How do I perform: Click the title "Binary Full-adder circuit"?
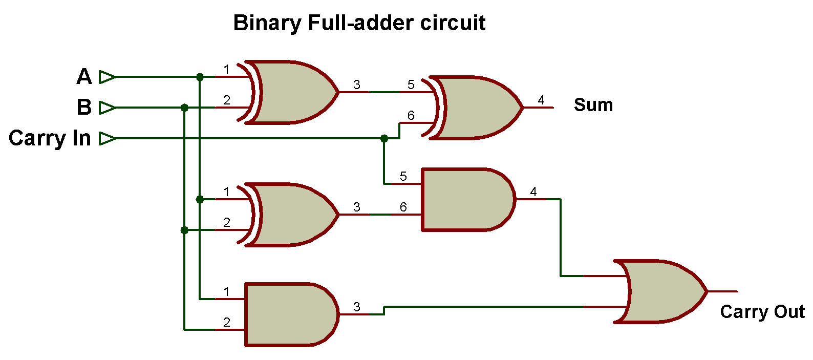point(359,23)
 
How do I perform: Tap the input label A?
point(84,77)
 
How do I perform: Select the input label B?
point(84,108)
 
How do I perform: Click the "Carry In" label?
point(50,138)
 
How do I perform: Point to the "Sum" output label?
point(593,105)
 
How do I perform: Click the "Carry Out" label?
point(762,312)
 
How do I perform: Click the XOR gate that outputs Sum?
point(476,108)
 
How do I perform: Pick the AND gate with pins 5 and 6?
point(466,200)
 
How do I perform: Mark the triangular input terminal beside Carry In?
point(107,138)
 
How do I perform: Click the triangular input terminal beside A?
point(107,77)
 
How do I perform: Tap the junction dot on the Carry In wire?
point(384,138)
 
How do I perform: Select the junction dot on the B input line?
point(185,108)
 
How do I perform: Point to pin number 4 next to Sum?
point(541,100)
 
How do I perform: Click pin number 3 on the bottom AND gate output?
point(357,307)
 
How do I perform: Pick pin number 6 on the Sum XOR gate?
point(411,115)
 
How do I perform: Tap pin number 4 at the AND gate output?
point(533,192)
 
